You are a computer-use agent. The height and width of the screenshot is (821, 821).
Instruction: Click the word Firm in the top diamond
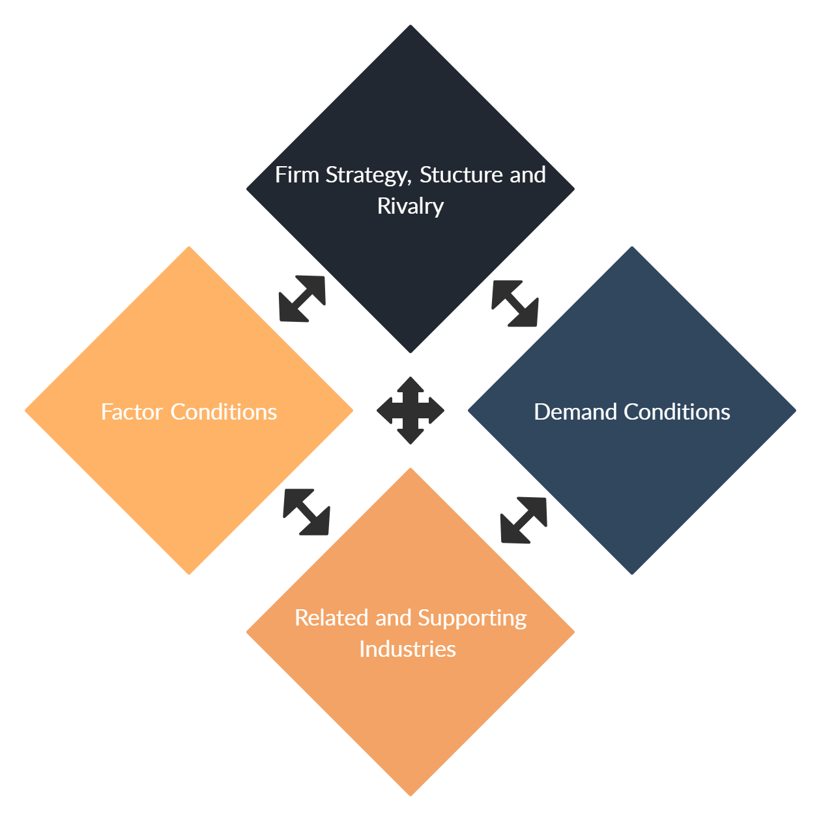297,175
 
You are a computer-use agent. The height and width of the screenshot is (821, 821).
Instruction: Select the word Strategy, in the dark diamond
369,176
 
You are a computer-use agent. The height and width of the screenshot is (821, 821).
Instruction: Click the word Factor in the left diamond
132,412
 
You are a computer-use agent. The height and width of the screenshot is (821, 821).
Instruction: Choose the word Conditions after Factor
223,412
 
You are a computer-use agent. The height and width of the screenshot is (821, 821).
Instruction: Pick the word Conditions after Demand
677,412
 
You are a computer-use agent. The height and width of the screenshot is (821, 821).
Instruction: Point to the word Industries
408,649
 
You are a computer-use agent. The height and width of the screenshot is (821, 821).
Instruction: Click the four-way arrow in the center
410,410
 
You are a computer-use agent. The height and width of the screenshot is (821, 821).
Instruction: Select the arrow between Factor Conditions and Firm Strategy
302,298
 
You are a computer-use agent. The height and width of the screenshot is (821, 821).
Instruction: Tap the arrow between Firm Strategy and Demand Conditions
515,304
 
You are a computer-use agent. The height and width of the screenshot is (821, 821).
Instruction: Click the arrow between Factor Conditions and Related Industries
306,511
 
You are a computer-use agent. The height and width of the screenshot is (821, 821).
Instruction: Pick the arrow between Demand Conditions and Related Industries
524,520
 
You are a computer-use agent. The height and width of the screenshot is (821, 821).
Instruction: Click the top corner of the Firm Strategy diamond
410,25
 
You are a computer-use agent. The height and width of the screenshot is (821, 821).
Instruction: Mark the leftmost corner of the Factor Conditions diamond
25,410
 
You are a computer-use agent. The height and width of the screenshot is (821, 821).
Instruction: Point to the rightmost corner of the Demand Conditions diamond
796,410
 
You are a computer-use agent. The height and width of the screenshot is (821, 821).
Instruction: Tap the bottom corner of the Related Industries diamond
410,796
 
